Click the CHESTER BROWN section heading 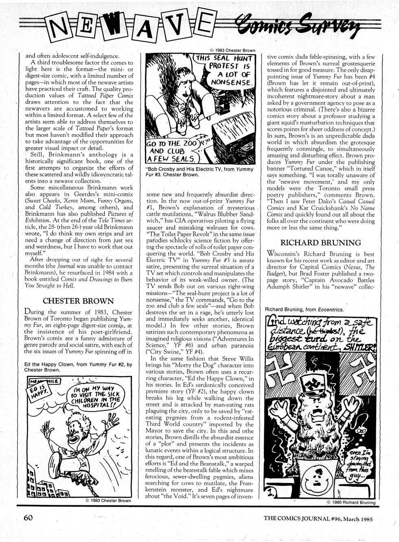tap(78, 301)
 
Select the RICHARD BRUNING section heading tap(321, 243)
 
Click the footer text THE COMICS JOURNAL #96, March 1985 tap(318, 519)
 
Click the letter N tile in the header tap(62, 27)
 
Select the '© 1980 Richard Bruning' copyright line tap(351, 502)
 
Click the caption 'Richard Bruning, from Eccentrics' tap(304, 309)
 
